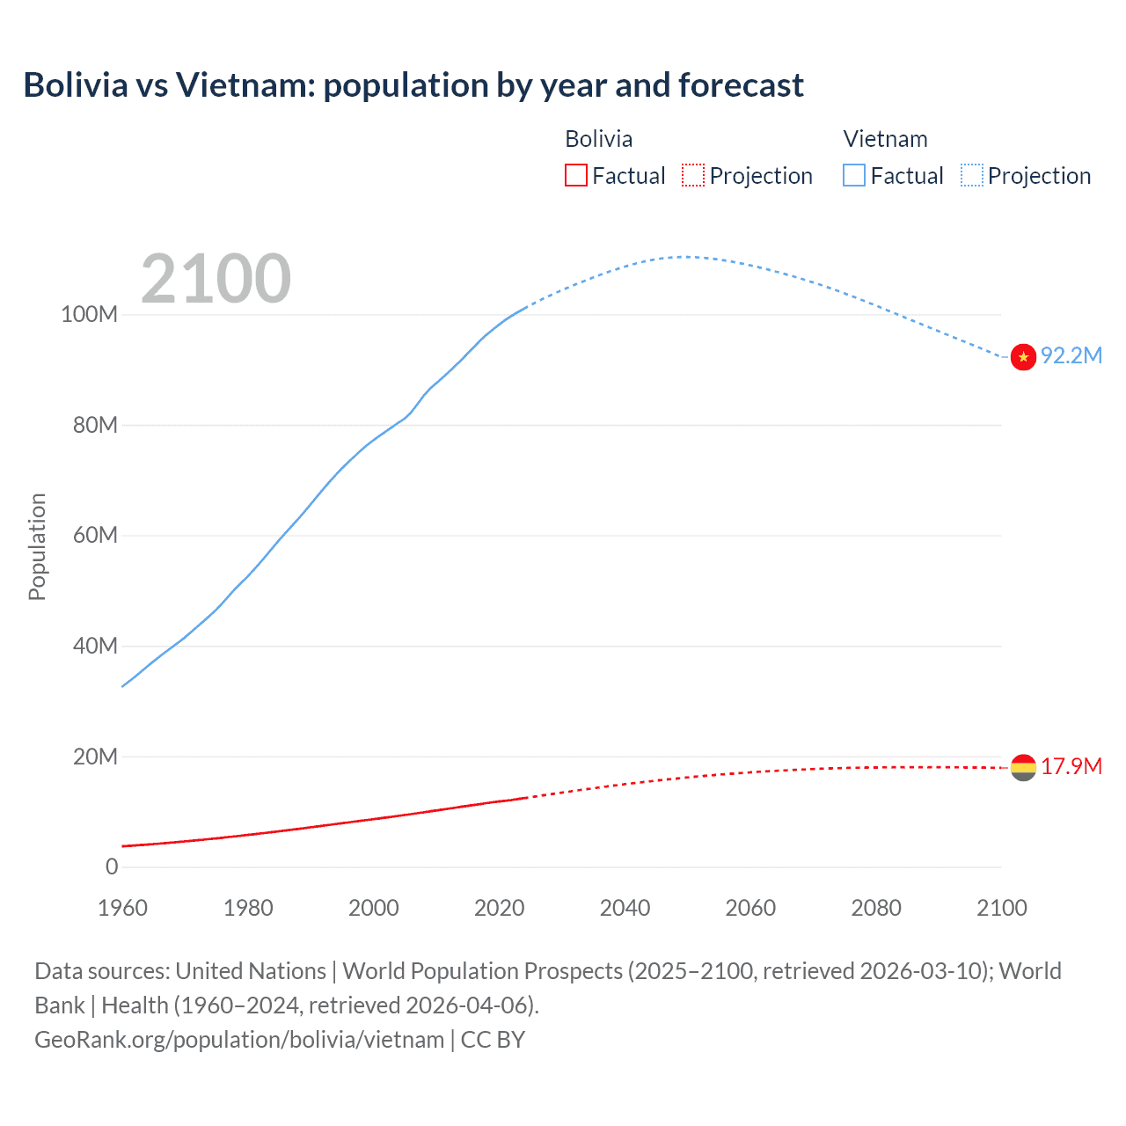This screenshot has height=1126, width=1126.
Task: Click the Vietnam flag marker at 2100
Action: [1023, 357]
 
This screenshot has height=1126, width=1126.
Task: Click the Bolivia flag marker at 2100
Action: [1023, 767]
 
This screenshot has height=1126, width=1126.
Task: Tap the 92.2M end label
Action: [1071, 355]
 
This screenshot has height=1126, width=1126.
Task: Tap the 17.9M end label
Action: [1071, 766]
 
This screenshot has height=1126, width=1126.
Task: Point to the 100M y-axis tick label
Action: [89, 315]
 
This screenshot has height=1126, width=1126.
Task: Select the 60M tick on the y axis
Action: [95, 536]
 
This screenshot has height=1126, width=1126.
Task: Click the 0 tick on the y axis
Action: [112, 867]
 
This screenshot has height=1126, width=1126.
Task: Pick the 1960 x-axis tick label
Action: [122, 908]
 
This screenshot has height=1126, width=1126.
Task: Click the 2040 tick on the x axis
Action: [625, 908]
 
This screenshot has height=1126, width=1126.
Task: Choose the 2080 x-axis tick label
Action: [876, 908]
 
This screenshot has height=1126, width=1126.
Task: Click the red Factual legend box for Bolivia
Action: [576, 175]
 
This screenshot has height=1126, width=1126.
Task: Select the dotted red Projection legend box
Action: [693, 175]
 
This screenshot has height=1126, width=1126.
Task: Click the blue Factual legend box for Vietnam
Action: [854, 175]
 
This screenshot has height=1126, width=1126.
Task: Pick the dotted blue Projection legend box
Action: [972, 175]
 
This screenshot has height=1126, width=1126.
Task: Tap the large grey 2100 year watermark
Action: [216, 279]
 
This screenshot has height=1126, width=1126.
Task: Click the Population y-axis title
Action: [37, 546]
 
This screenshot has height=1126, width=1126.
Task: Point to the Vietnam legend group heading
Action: [885, 139]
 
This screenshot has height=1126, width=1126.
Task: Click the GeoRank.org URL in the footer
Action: [239, 1040]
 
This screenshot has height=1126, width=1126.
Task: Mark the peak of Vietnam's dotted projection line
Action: [686, 257]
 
